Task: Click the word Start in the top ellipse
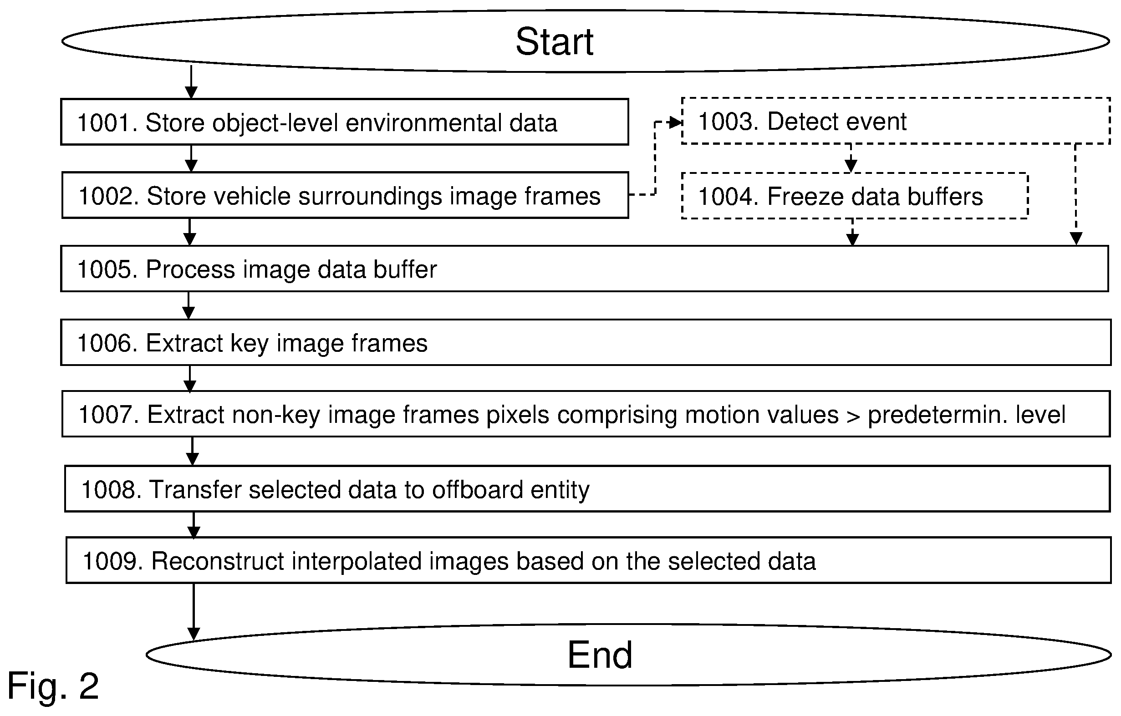coord(554,41)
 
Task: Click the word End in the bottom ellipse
coord(600,655)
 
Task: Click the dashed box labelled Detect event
coord(896,98)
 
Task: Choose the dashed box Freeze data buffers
coord(855,173)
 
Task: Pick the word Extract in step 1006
coord(184,343)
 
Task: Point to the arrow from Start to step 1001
coord(191,82)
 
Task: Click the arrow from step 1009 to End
coord(194,612)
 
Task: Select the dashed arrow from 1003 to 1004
coord(851,158)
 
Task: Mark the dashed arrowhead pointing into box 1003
coord(676,123)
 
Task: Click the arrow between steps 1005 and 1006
coord(189,305)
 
